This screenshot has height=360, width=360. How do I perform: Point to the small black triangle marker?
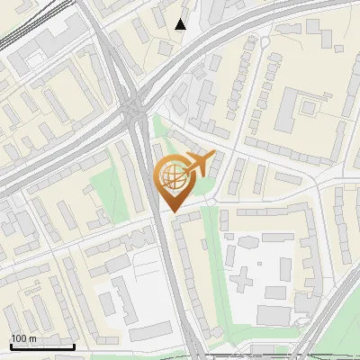pyautogui.click(x=181, y=24)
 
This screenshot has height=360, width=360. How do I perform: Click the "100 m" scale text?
pyautogui.click(x=23, y=338)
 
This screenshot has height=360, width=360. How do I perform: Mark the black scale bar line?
pyautogui.click(x=42, y=346)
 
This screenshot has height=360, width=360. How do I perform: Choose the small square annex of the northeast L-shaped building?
pyautogui.click(x=310, y=108)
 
